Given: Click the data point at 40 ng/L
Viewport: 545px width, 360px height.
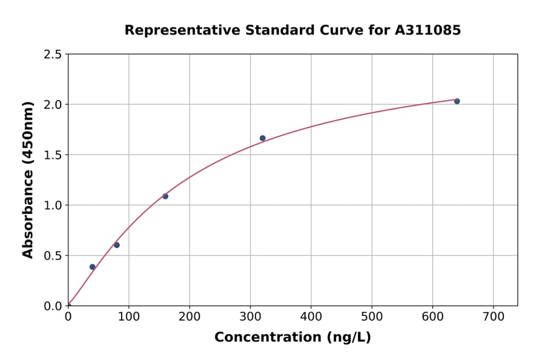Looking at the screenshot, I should coord(93,267).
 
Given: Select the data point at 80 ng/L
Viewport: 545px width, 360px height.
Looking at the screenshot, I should coord(117,245).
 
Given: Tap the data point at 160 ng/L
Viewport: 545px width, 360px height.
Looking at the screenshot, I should coord(165,196).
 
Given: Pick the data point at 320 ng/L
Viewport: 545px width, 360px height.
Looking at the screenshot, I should coord(262,138).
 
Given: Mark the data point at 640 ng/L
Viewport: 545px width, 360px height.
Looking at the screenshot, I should coord(457,101).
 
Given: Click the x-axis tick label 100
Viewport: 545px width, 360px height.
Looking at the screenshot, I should coord(128,316).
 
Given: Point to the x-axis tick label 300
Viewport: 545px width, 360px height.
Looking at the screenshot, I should coord(250,316).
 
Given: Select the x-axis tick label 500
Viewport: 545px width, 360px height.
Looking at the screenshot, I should coord(372,316).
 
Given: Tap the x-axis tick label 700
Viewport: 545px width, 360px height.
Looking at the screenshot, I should coord(493,316).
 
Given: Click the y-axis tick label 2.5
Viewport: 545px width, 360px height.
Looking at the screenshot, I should coord(52,55).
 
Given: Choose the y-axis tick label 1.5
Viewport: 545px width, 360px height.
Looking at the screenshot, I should coord(52,155).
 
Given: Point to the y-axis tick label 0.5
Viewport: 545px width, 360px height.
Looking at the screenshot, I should coord(52,256).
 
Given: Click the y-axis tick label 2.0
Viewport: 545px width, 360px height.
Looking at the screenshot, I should coord(52,105).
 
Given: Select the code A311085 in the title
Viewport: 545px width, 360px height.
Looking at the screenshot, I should coord(429,30).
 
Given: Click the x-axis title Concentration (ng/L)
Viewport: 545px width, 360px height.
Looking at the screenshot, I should coord(292,337).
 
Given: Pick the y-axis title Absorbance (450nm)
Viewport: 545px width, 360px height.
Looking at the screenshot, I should coord(28,179).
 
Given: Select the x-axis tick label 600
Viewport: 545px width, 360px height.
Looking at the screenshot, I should coord(432,316).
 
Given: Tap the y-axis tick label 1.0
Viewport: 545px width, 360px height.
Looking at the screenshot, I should coord(52,205).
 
